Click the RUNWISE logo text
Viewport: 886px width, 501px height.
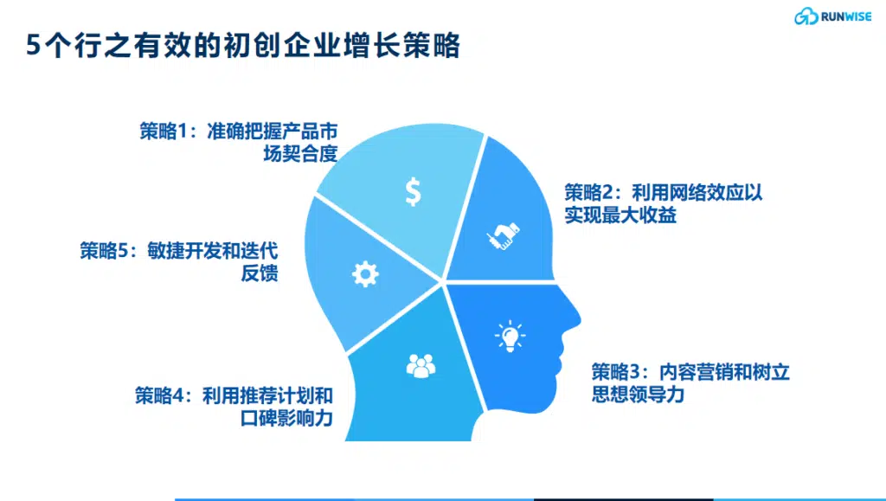[x=846, y=17]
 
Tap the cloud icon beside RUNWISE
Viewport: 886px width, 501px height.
[x=806, y=16]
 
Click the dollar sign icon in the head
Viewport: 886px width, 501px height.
[x=413, y=191]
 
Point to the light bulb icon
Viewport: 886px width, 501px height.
[x=510, y=336]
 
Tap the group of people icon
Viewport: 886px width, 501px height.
[x=421, y=365]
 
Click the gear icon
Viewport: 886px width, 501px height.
[x=365, y=274]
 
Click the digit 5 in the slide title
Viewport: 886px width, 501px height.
[x=34, y=45]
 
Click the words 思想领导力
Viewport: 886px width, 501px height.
[x=638, y=395]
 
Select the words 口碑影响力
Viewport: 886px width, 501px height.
[x=286, y=418]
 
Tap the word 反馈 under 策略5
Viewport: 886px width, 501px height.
[x=260, y=273]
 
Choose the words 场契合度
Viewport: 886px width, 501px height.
[x=300, y=154]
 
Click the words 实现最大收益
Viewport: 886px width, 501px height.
[x=620, y=215]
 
